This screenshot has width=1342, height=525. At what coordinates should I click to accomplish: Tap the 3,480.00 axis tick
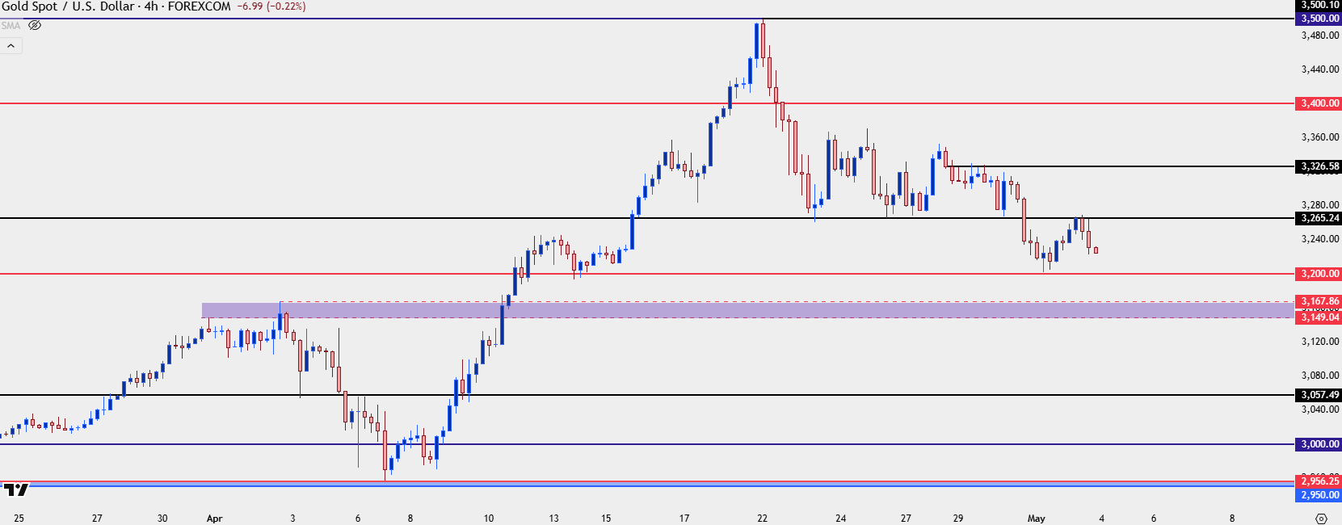1320,36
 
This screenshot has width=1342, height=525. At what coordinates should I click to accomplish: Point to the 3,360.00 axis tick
1320,137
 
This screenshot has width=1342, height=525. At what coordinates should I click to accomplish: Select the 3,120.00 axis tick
1320,342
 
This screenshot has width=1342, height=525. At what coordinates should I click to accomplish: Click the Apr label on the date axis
214,519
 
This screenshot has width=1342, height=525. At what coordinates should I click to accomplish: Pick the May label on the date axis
1036,519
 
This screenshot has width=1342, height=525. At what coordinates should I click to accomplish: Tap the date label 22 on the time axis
762,519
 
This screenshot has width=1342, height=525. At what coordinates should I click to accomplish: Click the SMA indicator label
11,26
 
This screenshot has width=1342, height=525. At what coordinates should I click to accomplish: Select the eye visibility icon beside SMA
35,25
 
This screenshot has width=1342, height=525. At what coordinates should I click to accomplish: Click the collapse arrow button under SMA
11,46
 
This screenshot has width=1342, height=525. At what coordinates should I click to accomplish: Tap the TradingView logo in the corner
15,489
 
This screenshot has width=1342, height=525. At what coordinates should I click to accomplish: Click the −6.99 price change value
250,6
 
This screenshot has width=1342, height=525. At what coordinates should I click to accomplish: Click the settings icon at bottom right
1321,519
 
